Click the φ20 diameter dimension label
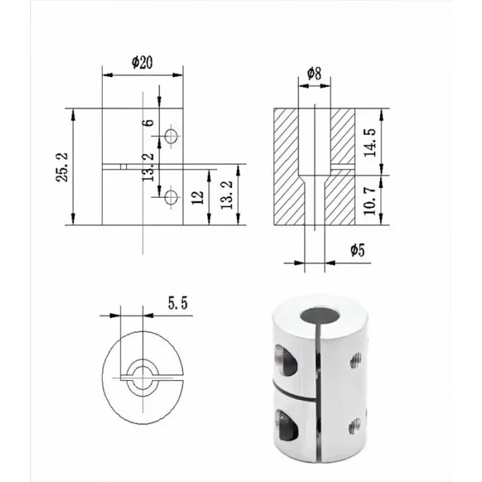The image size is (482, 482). click(142, 62)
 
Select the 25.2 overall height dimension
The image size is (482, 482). click(62, 167)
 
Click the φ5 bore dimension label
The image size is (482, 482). click(357, 251)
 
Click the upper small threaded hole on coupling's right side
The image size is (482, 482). click(357, 358)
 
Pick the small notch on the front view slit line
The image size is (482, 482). click(121, 166)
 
